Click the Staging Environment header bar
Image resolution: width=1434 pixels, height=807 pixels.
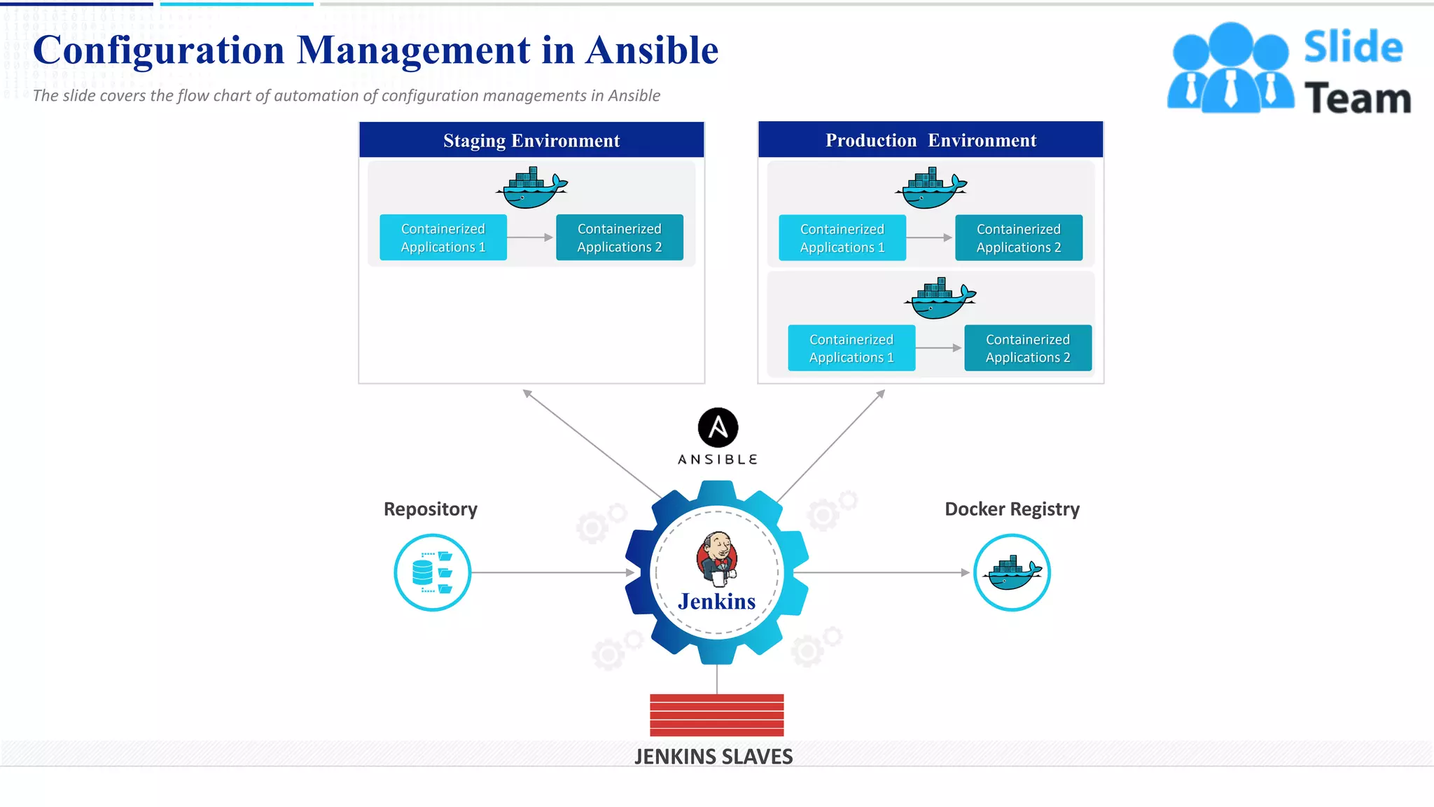(531, 140)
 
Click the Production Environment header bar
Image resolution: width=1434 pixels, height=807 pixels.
(931, 140)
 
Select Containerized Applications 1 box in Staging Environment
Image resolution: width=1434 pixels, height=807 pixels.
(443, 237)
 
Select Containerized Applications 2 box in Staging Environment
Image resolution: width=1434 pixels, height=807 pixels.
(620, 237)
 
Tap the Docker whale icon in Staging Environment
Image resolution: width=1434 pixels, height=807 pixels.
(532, 188)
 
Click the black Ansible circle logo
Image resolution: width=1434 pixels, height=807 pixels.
(718, 427)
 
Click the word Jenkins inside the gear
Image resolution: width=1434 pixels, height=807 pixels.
(716, 601)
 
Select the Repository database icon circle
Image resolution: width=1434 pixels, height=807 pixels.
(432, 572)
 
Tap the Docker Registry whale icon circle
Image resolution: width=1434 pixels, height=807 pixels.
(1012, 572)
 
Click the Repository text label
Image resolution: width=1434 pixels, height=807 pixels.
(431, 509)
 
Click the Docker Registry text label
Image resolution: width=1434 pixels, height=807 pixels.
(1012, 509)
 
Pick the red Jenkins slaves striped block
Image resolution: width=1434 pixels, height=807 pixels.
(716, 715)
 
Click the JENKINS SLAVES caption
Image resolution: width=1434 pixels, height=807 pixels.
(713, 757)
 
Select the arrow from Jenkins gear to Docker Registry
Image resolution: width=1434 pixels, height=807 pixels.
(882, 572)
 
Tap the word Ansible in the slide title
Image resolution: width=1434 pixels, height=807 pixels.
(652, 50)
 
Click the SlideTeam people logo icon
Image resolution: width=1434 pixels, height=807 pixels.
(1230, 69)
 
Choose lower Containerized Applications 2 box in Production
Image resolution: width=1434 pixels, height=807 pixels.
(1028, 348)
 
